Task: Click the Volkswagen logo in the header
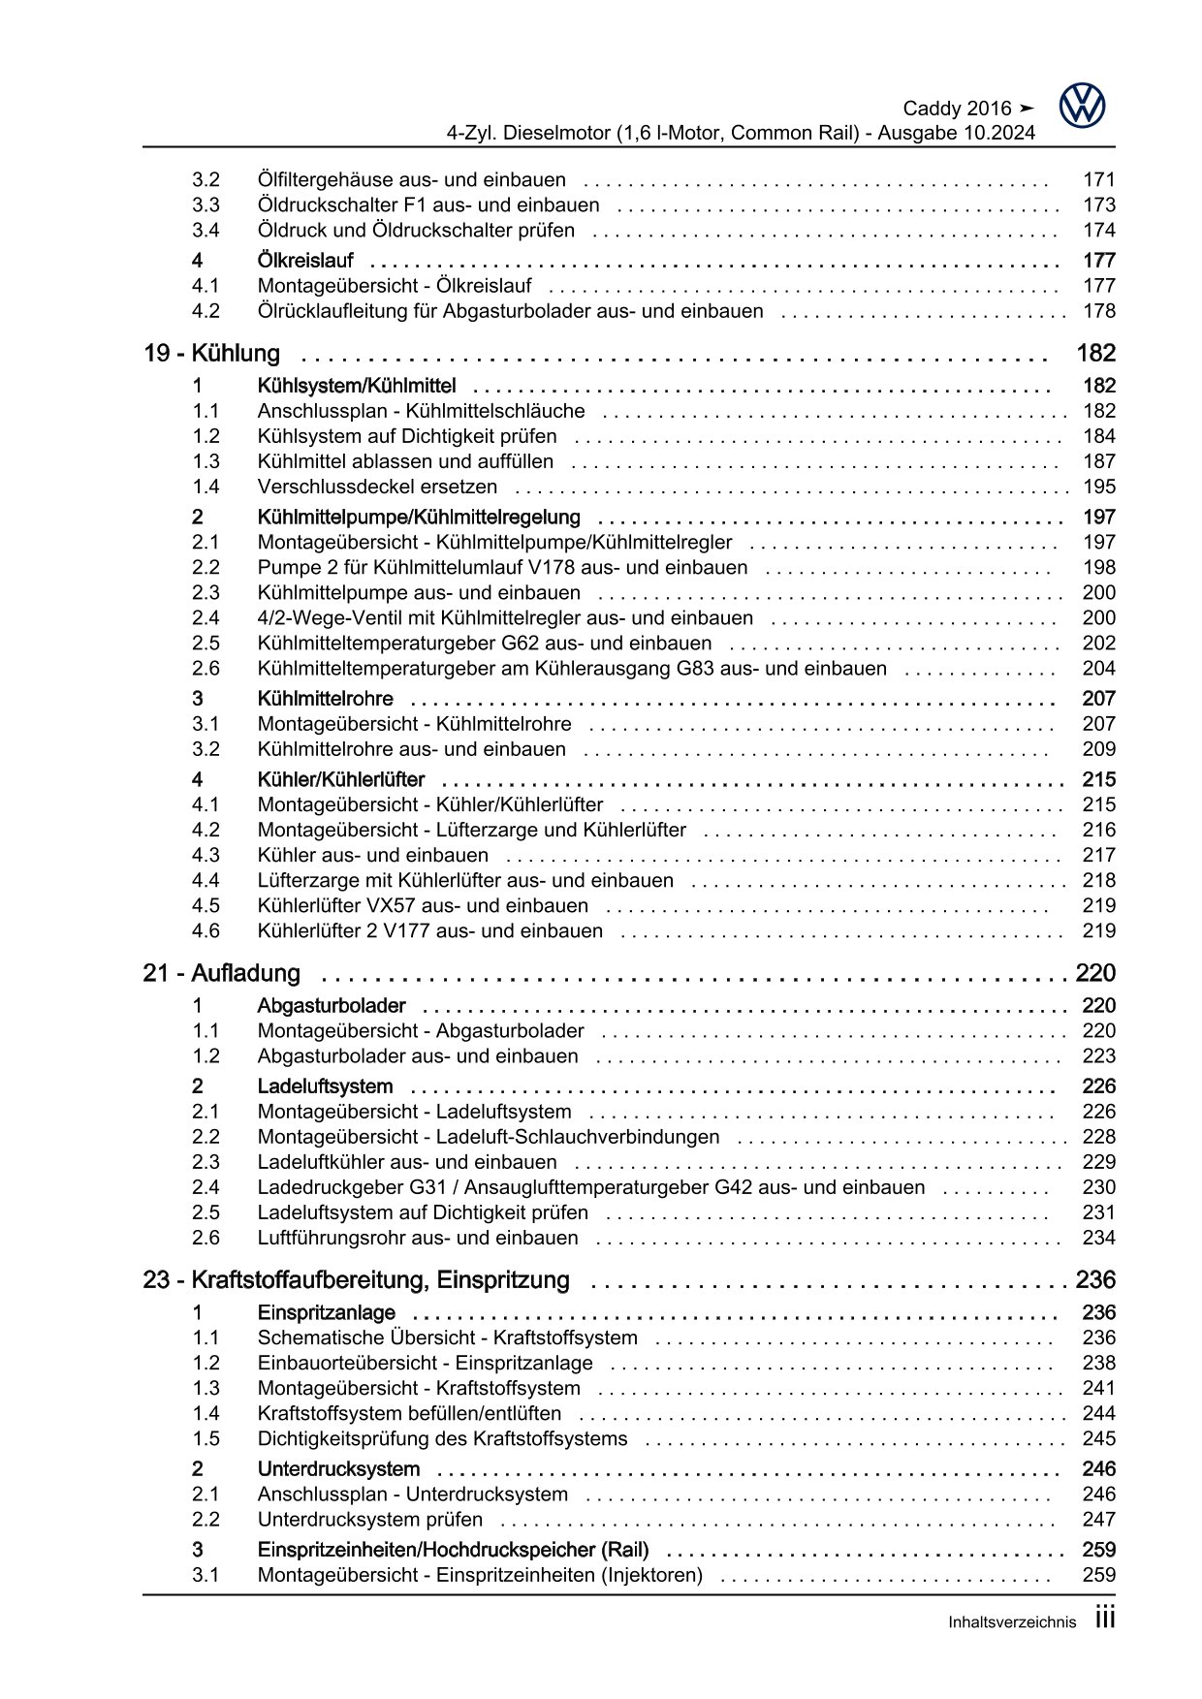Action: coord(1082,106)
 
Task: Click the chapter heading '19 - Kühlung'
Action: coord(211,354)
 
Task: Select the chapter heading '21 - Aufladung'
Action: coord(221,973)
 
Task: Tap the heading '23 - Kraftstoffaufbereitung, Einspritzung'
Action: coord(356,1280)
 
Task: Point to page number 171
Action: coord(1099,179)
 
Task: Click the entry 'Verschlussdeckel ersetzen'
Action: coord(377,487)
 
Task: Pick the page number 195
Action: coord(1099,487)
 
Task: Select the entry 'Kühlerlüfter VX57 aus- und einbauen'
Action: coord(423,905)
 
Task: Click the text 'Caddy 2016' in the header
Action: coord(957,109)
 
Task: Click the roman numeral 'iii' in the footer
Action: coord(1105,1619)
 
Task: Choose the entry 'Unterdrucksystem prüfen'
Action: coord(369,1520)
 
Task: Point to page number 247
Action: coord(1099,1520)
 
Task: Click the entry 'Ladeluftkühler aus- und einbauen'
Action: coord(407,1162)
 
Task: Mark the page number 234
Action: coord(1099,1238)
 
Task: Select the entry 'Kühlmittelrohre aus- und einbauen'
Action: coord(411,748)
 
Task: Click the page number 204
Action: coord(1099,668)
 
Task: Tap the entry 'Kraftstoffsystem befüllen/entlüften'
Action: coord(409,1413)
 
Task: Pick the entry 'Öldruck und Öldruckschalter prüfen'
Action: coord(416,230)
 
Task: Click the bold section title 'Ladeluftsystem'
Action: coord(325,1086)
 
